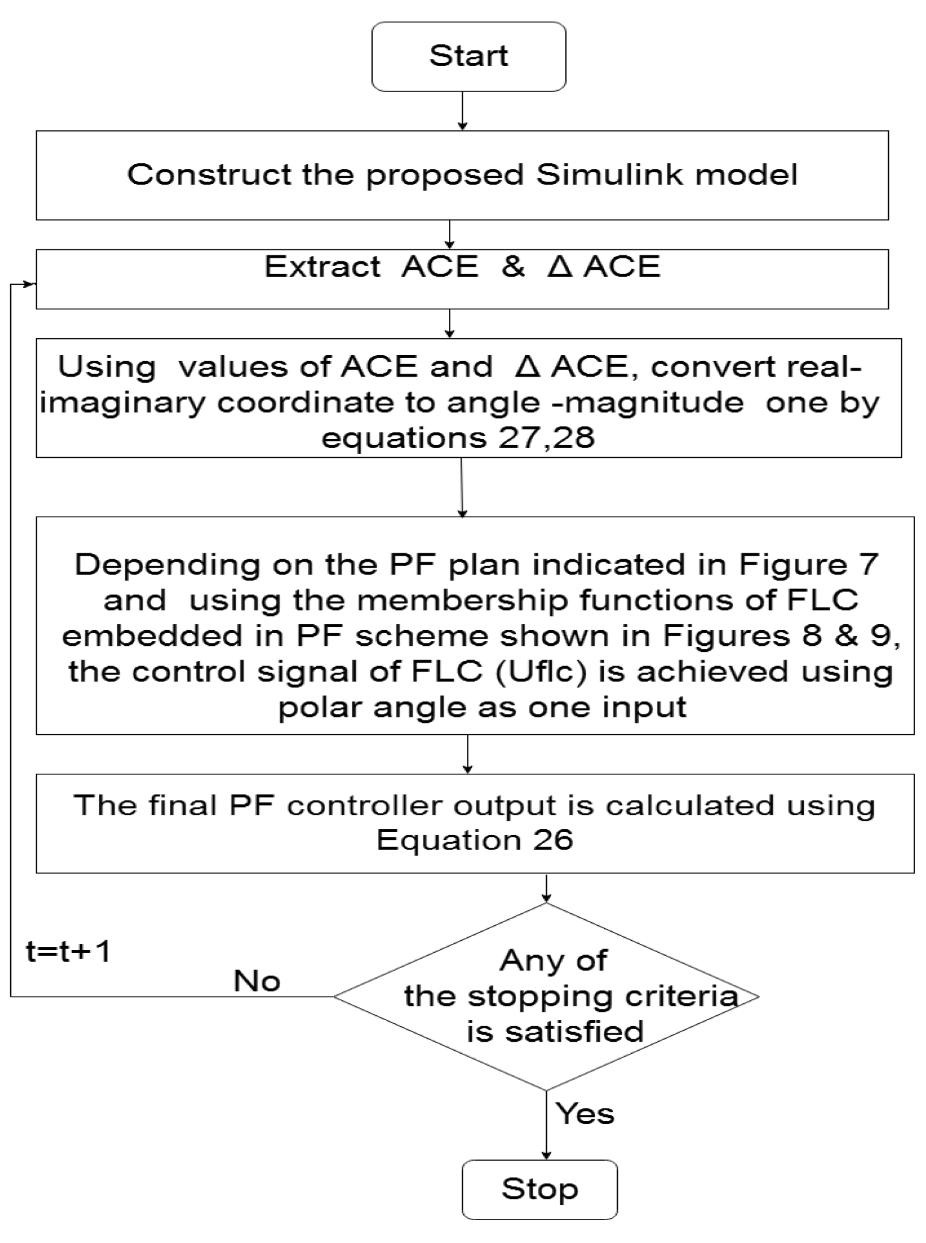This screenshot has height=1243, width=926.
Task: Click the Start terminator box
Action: [468, 56]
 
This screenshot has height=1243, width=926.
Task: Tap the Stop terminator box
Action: [539, 1189]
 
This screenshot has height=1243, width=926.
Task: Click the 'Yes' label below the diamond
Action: [585, 1113]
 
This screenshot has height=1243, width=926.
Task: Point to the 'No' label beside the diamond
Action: [257, 981]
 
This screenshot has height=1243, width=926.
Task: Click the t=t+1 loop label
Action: [69, 952]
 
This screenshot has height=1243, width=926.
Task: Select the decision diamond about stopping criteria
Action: [546, 997]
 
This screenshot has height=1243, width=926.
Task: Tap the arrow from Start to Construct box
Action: [462, 111]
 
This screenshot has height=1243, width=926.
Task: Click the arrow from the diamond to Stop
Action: [546, 1124]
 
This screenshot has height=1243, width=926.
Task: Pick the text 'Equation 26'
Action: [474, 840]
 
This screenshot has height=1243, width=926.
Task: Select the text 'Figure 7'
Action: [808, 565]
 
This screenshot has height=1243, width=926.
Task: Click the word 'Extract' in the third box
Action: [322, 267]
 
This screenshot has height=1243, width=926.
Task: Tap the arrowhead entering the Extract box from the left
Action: [29, 284]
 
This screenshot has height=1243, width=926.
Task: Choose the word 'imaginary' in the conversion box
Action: [123, 403]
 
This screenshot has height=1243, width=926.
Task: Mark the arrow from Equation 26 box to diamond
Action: [546, 888]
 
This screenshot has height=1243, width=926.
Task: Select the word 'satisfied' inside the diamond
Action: [574, 1032]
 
